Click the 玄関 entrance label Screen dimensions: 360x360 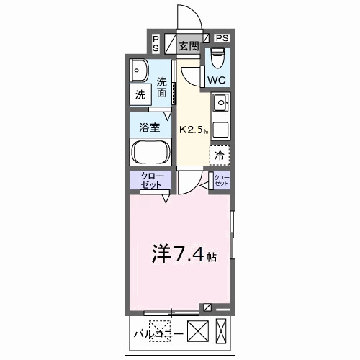[x=189, y=48]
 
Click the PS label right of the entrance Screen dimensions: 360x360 [x=222, y=37]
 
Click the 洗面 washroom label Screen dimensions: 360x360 [x=162, y=87]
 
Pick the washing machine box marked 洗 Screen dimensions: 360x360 [x=140, y=94]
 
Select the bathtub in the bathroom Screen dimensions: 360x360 [x=150, y=153]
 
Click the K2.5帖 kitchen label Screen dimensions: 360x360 [x=192, y=130]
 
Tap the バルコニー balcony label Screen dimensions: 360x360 [x=160, y=333]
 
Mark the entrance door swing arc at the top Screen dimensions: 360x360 [x=186, y=17]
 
